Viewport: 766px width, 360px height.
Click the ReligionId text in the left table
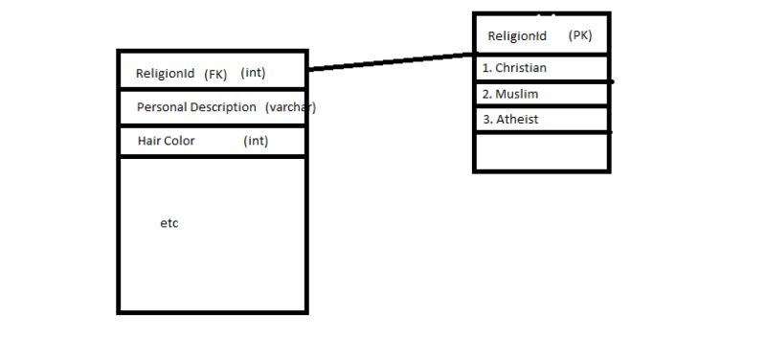(x=165, y=73)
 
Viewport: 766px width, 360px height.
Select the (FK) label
(x=215, y=74)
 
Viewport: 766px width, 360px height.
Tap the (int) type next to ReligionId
(x=253, y=73)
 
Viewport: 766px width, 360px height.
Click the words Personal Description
(x=196, y=107)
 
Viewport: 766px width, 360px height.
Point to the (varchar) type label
(x=290, y=107)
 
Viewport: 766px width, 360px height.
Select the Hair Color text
(x=166, y=141)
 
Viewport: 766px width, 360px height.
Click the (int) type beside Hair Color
(x=256, y=141)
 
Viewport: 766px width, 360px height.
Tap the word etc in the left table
(x=169, y=223)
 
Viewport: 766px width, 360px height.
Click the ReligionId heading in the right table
(x=517, y=36)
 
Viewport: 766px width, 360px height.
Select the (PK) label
(x=580, y=35)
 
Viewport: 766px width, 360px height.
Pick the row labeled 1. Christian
(x=541, y=68)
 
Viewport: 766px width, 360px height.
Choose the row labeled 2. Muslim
(x=541, y=94)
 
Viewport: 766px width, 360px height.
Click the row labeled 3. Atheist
(x=541, y=120)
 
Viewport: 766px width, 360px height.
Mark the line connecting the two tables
(x=391, y=62)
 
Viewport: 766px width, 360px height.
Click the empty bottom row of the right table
(x=541, y=151)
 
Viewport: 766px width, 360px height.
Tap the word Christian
(x=521, y=68)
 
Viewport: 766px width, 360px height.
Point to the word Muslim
(x=517, y=94)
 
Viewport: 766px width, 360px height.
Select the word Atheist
(x=517, y=120)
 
